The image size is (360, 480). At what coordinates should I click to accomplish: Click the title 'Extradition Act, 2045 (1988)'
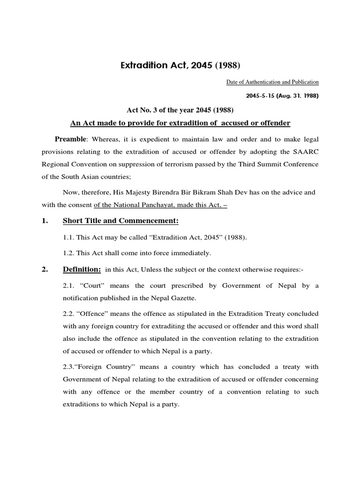coord(180,64)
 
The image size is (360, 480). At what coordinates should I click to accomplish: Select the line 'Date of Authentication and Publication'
coord(272,82)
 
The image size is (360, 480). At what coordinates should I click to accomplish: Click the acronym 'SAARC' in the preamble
coord(307,151)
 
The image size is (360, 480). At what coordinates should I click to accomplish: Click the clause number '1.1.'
coord(69,238)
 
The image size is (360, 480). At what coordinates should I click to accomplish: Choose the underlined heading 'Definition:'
coord(82,270)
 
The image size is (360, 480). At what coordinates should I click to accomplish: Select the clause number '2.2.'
coord(69,314)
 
